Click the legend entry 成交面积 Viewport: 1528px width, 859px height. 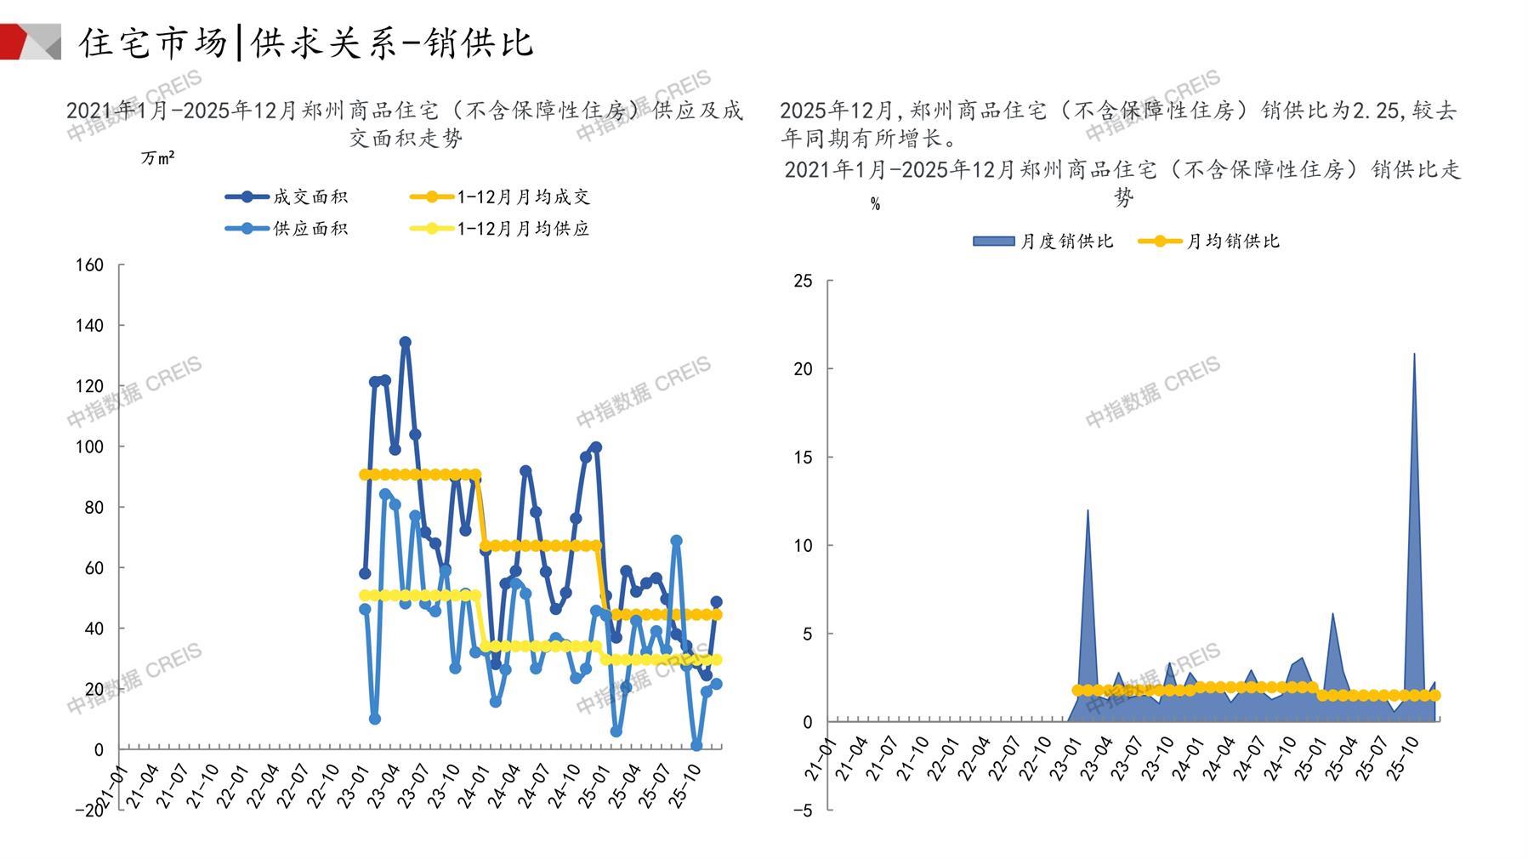click(287, 197)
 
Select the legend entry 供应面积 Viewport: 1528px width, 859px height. click(287, 229)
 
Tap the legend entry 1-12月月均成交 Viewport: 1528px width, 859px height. click(499, 197)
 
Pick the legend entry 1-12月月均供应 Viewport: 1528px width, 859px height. click(499, 229)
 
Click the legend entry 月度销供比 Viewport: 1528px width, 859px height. click(1042, 242)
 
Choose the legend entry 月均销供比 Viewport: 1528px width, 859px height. click(1208, 242)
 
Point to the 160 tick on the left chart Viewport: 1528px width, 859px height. click(90, 265)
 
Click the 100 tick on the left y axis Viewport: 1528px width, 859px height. click(90, 447)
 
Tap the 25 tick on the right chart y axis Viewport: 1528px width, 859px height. click(803, 281)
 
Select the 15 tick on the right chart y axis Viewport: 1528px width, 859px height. click(803, 458)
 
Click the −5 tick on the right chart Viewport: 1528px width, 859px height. click(801, 811)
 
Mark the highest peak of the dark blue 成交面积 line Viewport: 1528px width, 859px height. click(406, 343)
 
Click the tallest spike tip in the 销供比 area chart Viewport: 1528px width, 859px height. click(1414, 354)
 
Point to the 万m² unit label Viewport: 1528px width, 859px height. click(158, 158)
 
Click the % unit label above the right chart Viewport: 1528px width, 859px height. click(875, 204)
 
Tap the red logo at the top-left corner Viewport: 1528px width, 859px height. click(26, 41)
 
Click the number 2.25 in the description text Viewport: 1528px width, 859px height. click(1375, 111)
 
